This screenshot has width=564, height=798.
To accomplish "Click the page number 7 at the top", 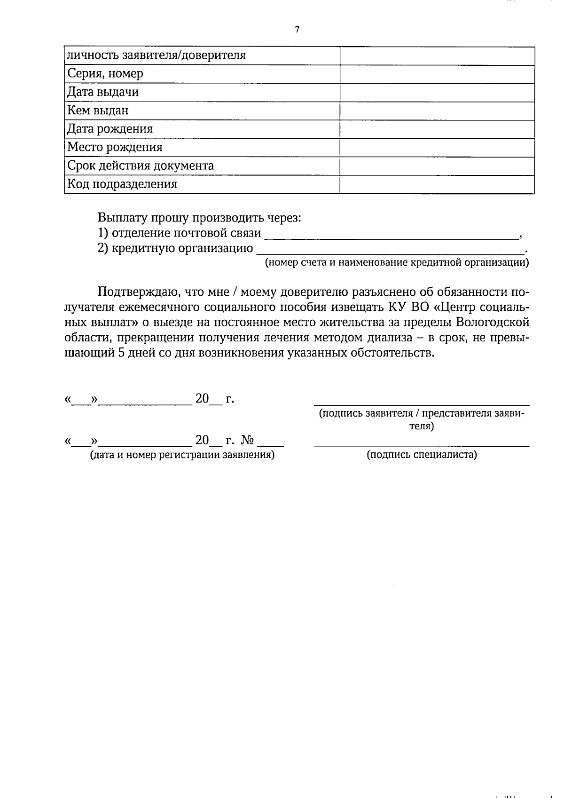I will point(297,30).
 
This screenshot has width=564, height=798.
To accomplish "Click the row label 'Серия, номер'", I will point(105,74).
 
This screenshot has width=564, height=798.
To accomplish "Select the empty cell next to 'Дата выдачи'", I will point(437,92).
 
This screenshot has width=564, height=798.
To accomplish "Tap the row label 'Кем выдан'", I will point(98,111).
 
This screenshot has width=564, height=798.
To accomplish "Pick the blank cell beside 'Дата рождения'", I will point(437,129).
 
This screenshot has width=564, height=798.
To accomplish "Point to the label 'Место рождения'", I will point(115,147).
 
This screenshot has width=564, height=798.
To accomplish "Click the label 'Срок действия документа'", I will point(140,166).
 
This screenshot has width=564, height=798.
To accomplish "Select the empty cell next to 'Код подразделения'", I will point(437,184).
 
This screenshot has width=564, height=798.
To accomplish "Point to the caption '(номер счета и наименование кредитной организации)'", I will point(397,262).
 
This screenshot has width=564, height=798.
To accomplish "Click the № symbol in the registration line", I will point(248,441).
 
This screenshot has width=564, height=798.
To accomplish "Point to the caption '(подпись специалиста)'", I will point(422,455).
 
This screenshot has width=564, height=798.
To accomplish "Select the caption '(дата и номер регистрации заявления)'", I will point(182,455).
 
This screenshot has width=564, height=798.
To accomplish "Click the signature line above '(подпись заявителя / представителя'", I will point(422,404).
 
